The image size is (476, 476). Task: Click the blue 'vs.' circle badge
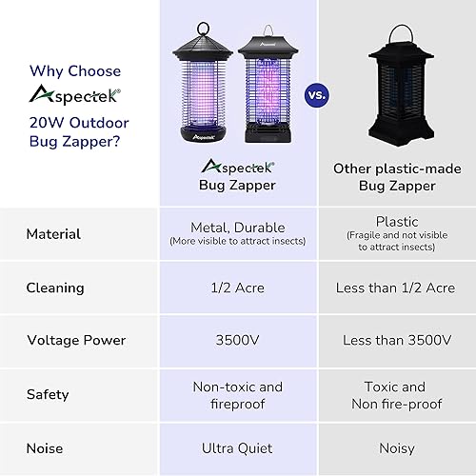316,94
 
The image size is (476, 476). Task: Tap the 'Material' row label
53,234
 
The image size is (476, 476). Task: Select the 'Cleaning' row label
55,288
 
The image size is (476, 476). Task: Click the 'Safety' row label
48,394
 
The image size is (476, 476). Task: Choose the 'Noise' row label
46,447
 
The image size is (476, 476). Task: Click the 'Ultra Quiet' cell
237,447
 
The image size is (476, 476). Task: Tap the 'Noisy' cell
395,447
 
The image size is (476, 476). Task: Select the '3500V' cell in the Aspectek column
237,340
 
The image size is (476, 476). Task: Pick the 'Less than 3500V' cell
395,340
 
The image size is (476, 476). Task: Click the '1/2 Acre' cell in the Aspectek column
237,288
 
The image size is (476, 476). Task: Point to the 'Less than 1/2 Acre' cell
395,288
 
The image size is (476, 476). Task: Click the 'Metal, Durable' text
237,228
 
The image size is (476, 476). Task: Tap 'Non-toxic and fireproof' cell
237,394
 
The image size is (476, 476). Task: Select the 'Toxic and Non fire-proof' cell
395,394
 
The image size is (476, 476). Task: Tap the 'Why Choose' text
75,70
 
